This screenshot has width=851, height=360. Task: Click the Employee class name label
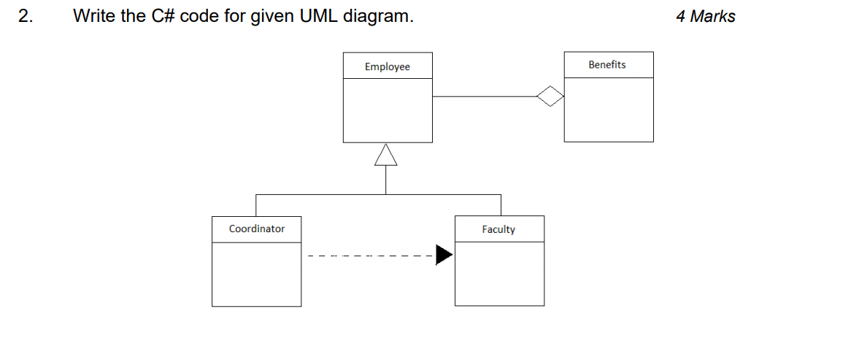coord(388,67)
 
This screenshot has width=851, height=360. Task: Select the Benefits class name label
coord(607,65)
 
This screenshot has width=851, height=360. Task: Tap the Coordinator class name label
coord(257,229)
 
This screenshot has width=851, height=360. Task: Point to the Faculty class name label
coord(498,230)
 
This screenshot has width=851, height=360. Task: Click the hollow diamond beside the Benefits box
coord(550,96)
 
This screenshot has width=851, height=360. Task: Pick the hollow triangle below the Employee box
coord(386,154)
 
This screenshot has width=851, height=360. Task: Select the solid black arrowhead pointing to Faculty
coord(444,255)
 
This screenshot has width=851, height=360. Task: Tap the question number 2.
coord(26,17)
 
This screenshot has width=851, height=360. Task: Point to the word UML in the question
coord(319,17)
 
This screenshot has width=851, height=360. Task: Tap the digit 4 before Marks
coord(681,17)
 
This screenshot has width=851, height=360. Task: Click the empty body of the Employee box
coord(388,110)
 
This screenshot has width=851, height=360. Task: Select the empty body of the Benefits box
coord(608,109)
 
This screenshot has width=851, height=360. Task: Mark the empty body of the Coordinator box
coord(256,274)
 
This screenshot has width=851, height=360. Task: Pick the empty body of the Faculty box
coord(499,274)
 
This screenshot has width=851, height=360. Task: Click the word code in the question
coord(199,17)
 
